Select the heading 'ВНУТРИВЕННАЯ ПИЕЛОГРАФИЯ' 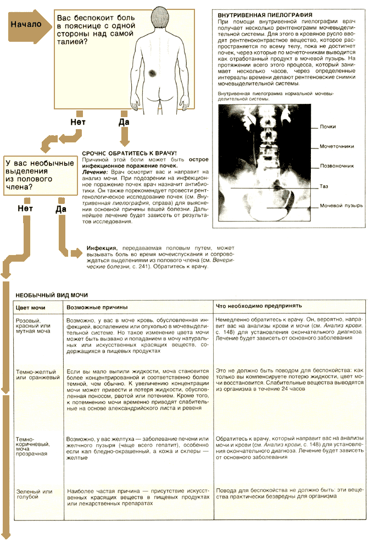(258, 14)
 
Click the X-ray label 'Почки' (328, 127)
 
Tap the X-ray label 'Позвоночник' (337, 165)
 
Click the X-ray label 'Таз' (324, 186)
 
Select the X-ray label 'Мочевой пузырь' (341, 206)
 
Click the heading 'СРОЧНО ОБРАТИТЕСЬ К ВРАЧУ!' (129, 152)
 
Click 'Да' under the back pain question (124, 121)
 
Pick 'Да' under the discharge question (60, 209)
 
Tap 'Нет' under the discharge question (25, 209)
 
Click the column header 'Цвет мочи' (31, 307)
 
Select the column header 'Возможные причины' (97, 307)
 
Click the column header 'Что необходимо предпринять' (259, 306)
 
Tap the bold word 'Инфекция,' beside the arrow (104, 248)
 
